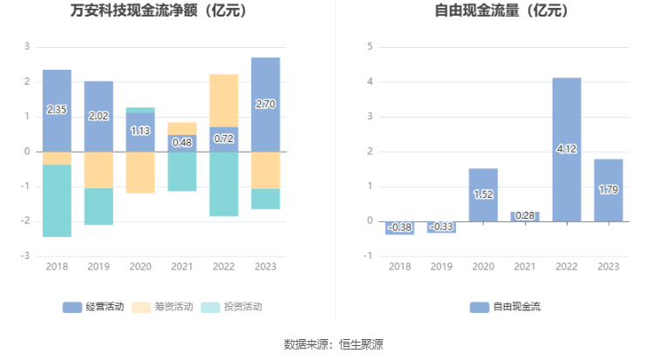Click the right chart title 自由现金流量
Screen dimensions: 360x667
[x=500, y=11]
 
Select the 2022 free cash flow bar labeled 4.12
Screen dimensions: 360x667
[x=567, y=149]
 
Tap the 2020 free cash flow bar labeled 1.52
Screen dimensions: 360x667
[x=483, y=194]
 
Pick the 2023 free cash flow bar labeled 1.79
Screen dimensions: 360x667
[x=609, y=190]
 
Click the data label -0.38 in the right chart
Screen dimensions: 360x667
[x=399, y=228]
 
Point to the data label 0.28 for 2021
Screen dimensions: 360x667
[x=525, y=216]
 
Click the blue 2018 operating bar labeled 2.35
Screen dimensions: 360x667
[x=57, y=111]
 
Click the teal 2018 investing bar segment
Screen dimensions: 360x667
[x=57, y=200]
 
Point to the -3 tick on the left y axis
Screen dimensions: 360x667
[x=26, y=256]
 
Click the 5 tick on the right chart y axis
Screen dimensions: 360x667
[x=370, y=46]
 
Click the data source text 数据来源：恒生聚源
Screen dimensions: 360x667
[x=333, y=344]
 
